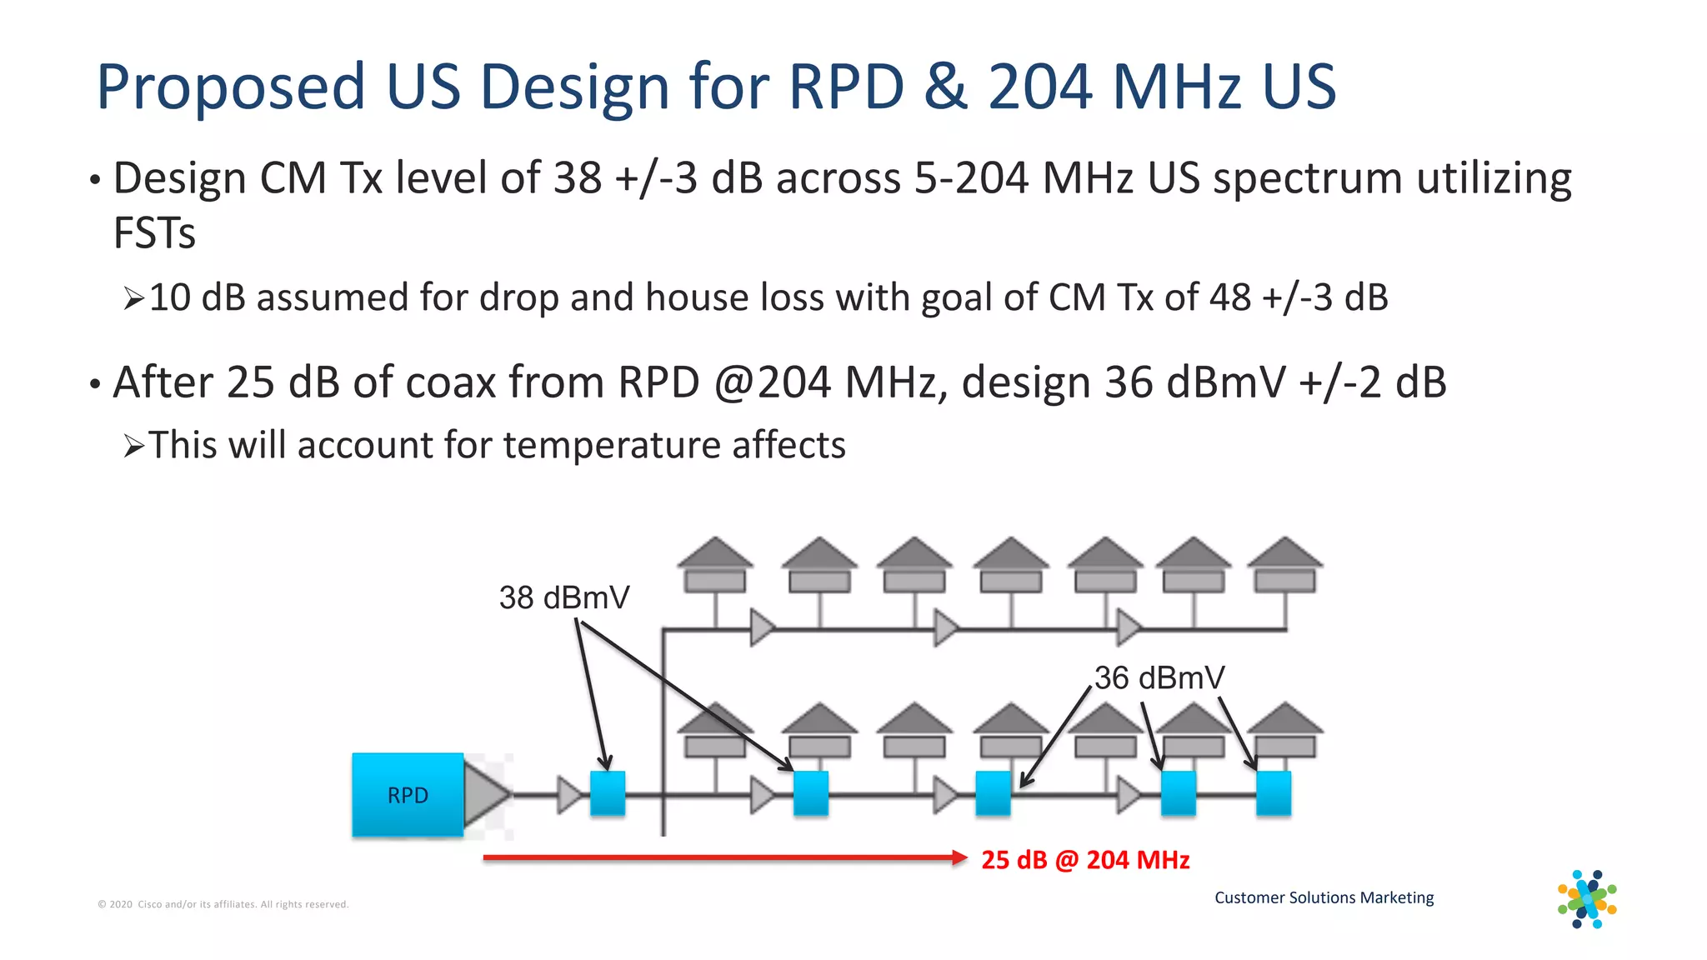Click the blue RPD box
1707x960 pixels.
(407, 794)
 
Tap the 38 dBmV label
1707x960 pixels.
(564, 597)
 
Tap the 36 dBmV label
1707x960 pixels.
(1159, 677)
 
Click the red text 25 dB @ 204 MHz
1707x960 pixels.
(1085, 859)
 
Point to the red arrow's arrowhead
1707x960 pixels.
(959, 857)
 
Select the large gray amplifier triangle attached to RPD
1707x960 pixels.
(484, 793)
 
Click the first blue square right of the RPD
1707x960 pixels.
(608, 792)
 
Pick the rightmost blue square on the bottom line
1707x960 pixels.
(1273, 792)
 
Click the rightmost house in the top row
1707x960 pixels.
(1284, 564)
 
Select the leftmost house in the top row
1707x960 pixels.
(714, 564)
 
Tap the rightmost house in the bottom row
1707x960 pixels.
(1284, 730)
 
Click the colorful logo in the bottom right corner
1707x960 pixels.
(1587, 899)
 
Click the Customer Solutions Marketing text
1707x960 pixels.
(1324, 897)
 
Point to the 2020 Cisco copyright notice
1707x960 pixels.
(223, 904)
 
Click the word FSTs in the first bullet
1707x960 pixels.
(154, 232)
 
